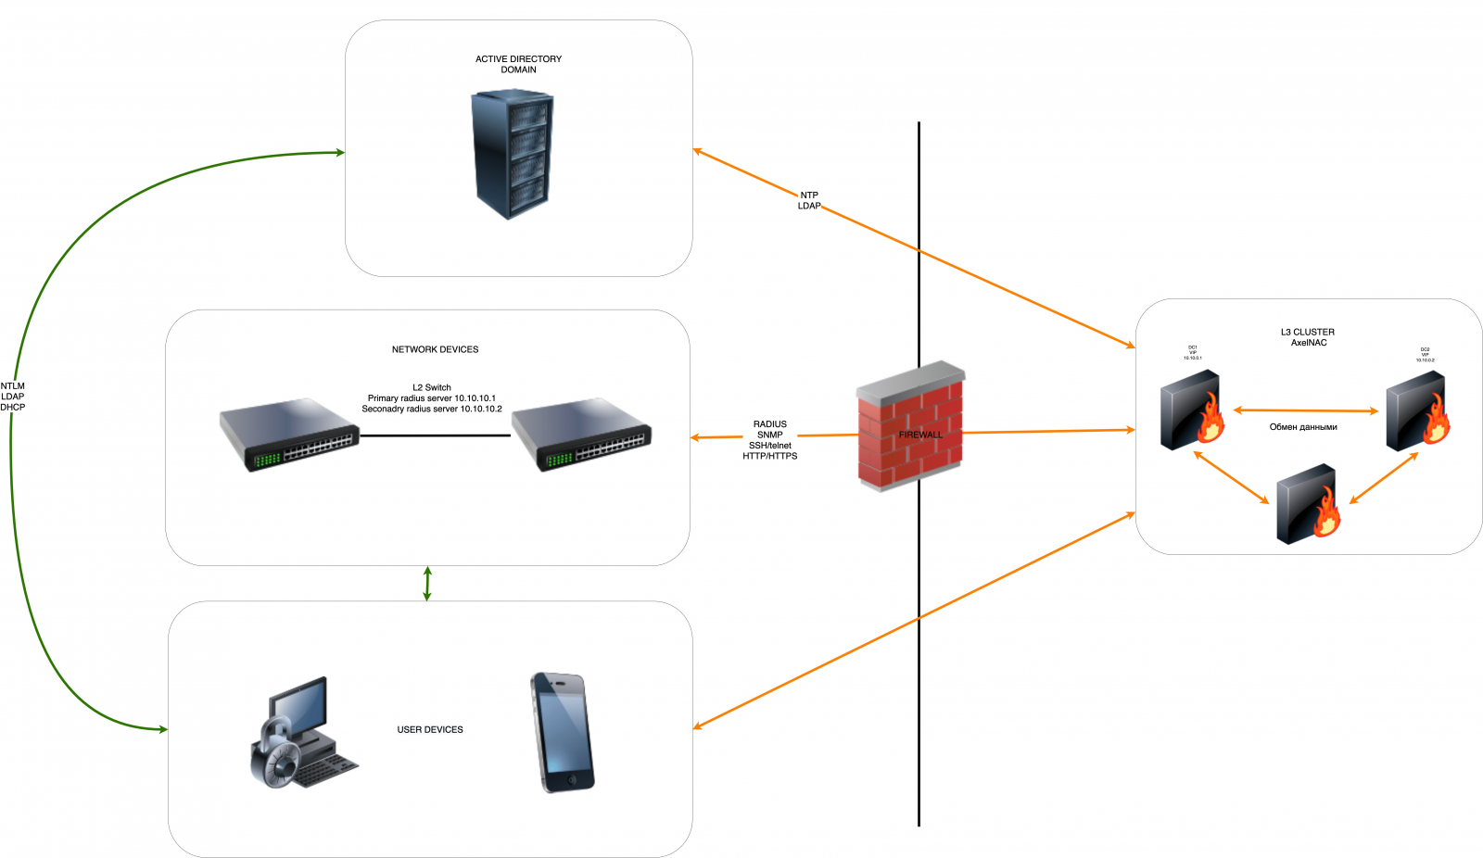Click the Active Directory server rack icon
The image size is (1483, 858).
[x=513, y=153]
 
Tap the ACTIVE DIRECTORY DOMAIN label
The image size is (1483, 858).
[x=518, y=64]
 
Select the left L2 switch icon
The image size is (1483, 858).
[x=289, y=435]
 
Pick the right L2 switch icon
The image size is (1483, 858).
[x=582, y=435]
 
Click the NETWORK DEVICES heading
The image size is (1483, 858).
[x=435, y=349]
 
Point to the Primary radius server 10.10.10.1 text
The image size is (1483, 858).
[x=431, y=398]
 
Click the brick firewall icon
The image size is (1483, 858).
[x=911, y=426]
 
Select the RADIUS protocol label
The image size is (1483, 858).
[x=769, y=424]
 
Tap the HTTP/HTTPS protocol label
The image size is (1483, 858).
[x=769, y=456]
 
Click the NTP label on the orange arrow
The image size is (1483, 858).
[x=809, y=196]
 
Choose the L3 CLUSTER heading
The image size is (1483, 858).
[x=1308, y=332]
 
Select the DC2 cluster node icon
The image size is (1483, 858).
[x=1417, y=410]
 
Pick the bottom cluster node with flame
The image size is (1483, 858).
[x=1308, y=504]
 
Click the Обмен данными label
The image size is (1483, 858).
[x=1303, y=427]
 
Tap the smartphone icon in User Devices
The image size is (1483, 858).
[x=562, y=732]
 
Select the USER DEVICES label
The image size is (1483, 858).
[x=430, y=730]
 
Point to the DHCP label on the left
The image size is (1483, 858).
[x=13, y=408]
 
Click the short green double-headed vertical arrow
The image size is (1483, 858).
[x=427, y=584]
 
